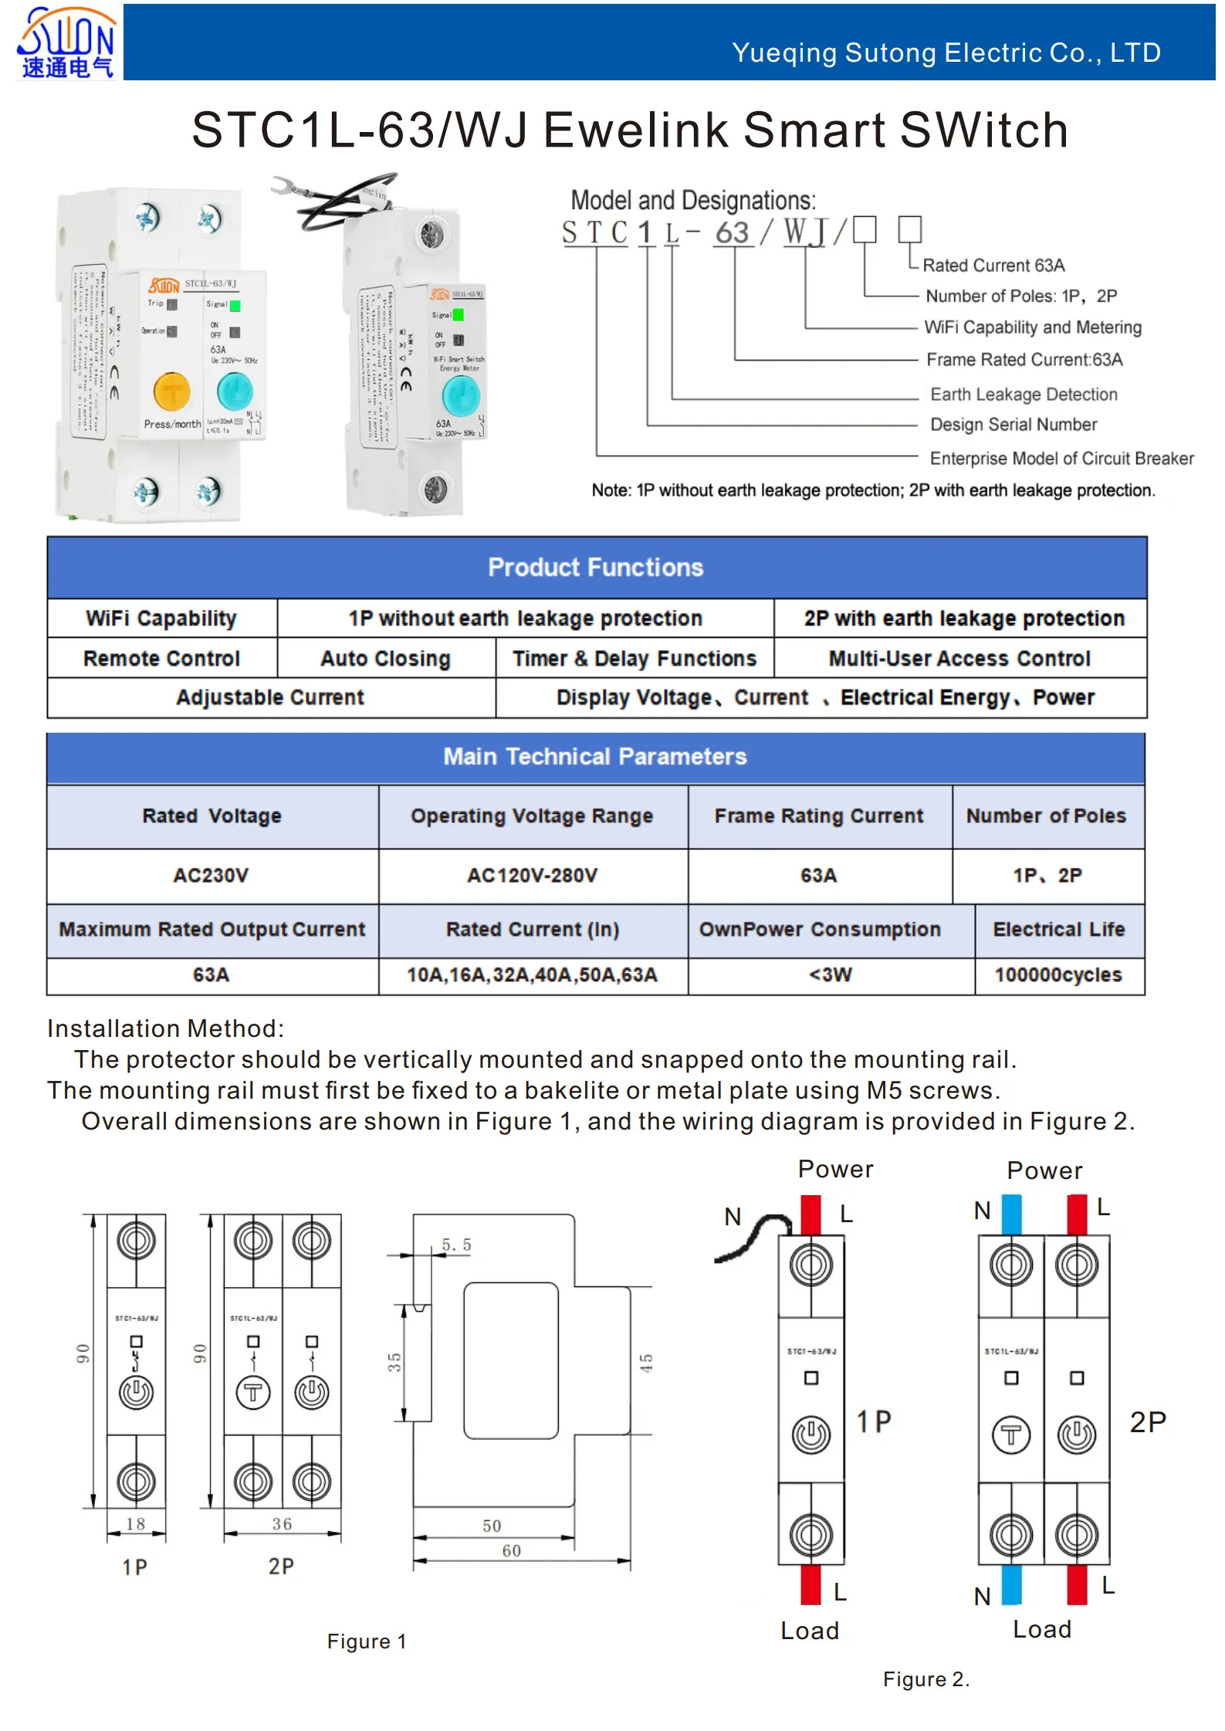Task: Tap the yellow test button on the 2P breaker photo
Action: pyautogui.click(x=172, y=391)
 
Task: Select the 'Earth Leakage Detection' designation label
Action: pyautogui.click(x=1023, y=395)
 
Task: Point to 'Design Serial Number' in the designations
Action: pyautogui.click(x=1013, y=425)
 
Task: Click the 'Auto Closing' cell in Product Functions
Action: pyautogui.click(x=385, y=659)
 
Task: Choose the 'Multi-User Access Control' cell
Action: pyautogui.click(x=959, y=659)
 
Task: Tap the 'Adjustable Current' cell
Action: pyautogui.click(x=270, y=698)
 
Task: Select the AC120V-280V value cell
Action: pyautogui.click(x=532, y=876)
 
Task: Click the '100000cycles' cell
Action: pyautogui.click(x=1057, y=975)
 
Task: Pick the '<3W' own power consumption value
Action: pyautogui.click(x=830, y=975)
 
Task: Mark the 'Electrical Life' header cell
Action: pyautogui.click(x=1058, y=930)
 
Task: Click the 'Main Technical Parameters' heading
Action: pyautogui.click(x=594, y=757)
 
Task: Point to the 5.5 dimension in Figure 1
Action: pyautogui.click(x=456, y=1245)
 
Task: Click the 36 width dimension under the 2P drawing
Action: pyautogui.click(x=282, y=1524)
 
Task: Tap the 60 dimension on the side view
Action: pyautogui.click(x=511, y=1551)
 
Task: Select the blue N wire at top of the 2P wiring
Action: pyautogui.click(x=1011, y=1214)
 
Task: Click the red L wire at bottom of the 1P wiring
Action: pyautogui.click(x=810, y=1584)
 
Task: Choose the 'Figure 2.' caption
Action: pyautogui.click(x=926, y=1679)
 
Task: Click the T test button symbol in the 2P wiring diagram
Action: pyautogui.click(x=1010, y=1435)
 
